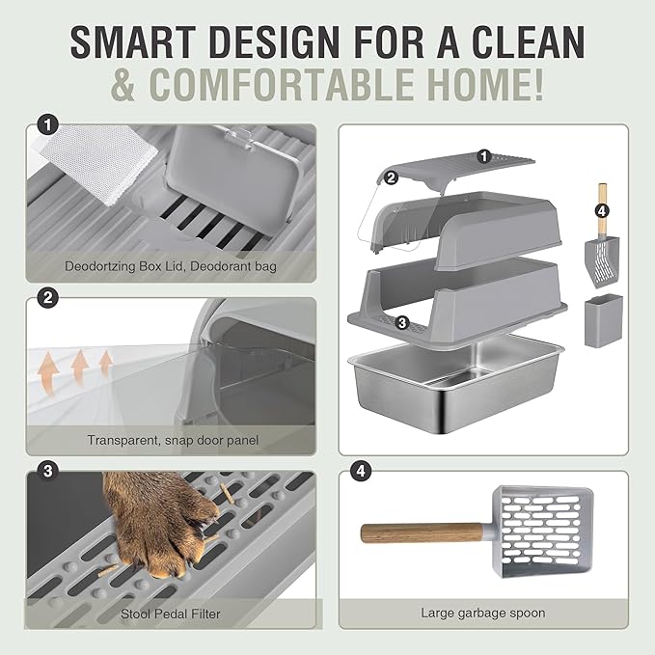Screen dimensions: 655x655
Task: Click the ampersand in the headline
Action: [x=126, y=85]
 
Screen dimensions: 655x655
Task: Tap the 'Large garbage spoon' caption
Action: [x=482, y=612]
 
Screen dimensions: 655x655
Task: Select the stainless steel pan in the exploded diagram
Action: [x=453, y=381]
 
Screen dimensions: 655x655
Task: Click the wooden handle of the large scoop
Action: [x=424, y=532]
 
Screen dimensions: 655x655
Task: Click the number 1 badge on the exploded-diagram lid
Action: [x=484, y=154]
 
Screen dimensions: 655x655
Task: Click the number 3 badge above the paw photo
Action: [x=43, y=471]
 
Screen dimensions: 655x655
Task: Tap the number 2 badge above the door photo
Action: [x=43, y=298]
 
